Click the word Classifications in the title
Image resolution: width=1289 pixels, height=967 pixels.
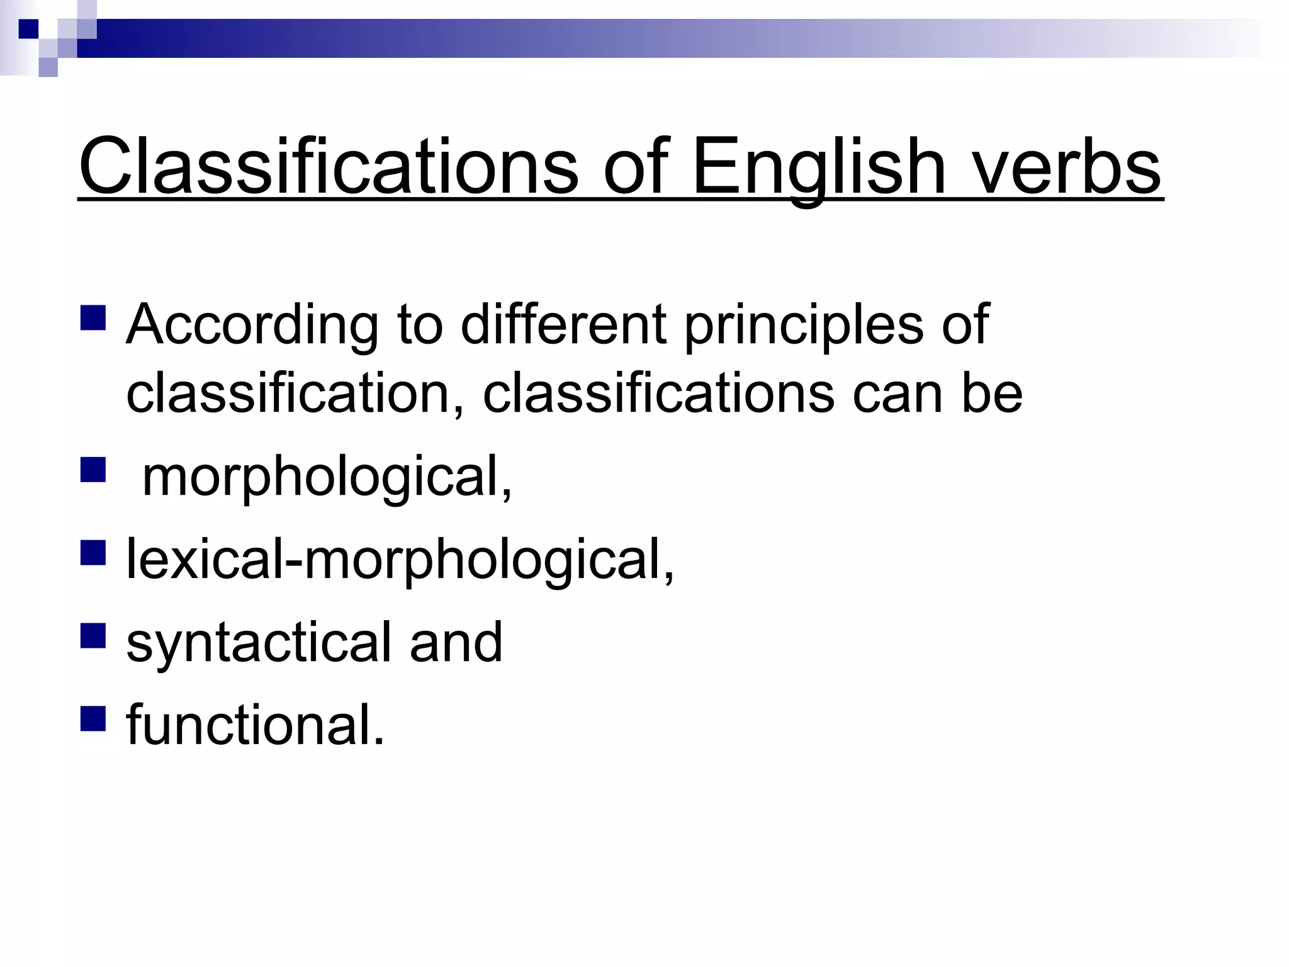click(x=328, y=167)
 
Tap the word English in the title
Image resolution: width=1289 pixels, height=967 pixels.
click(x=819, y=167)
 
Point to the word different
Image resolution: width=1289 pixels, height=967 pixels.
click(x=563, y=324)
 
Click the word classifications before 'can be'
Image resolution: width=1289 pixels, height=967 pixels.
click(x=658, y=393)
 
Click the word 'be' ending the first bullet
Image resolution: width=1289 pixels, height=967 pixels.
click(x=992, y=393)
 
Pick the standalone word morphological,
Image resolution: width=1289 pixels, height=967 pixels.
click(x=327, y=478)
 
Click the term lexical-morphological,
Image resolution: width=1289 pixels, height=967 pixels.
click(x=400, y=560)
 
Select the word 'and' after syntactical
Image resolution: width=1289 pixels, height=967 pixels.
click(x=456, y=642)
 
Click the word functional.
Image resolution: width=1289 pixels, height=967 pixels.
click(x=255, y=725)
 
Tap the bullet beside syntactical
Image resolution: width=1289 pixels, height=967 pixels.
click(x=93, y=635)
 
